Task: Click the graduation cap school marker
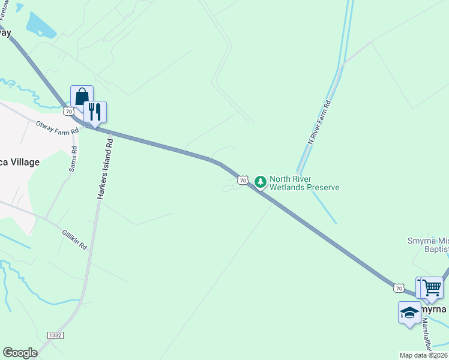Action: click(x=409, y=313)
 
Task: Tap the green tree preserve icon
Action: click(x=261, y=181)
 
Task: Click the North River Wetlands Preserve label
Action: click(x=304, y=183)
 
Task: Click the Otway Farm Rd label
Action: click(x=57, y=128)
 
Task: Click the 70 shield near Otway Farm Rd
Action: click(x=69, y=111)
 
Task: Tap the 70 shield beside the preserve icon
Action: click(x=243, y=180)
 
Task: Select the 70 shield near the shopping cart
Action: click(x=399, y=288)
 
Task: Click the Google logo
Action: click(x=20, y=353)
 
